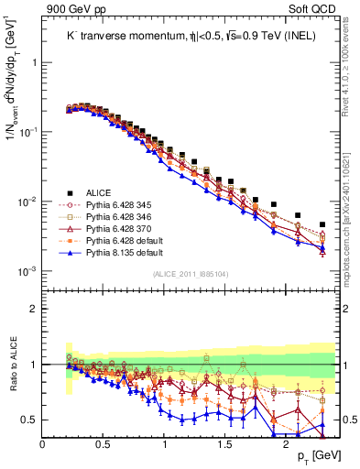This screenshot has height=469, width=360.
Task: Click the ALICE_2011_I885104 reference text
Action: [191, 275]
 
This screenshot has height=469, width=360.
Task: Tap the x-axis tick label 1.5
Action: [225, 443]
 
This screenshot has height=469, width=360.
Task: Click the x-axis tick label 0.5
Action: [104, 443]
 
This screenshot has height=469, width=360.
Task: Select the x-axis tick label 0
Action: [43, 443]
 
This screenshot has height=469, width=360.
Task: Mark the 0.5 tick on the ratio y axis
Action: [29, 420]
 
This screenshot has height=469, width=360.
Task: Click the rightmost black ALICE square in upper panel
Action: [322, 224]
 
